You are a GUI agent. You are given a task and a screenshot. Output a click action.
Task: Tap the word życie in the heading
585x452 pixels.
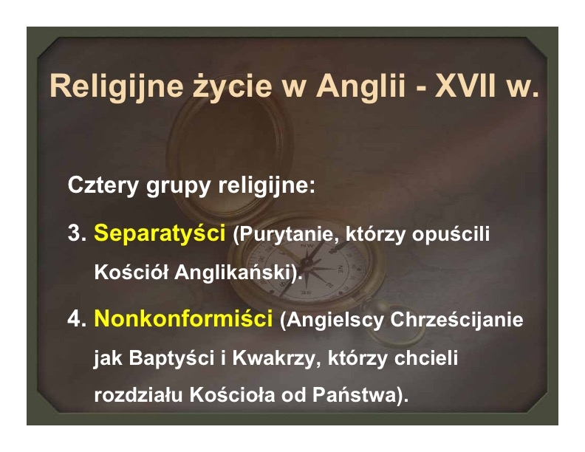[232, 87]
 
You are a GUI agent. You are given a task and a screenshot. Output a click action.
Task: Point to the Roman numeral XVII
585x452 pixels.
[465, 86]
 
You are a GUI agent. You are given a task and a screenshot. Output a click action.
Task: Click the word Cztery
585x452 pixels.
[103, 185]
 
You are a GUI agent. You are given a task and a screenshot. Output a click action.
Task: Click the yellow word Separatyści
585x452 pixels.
[160, 234]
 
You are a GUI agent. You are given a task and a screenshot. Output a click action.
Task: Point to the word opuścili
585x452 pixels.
[451, 234]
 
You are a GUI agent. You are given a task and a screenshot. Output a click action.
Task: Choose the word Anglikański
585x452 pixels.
[233, 272]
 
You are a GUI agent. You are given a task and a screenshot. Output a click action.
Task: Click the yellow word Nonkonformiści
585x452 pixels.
[183, 318]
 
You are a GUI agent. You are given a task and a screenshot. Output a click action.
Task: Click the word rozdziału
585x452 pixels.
[138, 395]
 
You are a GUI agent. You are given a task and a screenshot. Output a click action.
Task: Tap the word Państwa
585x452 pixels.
[354, 395]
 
